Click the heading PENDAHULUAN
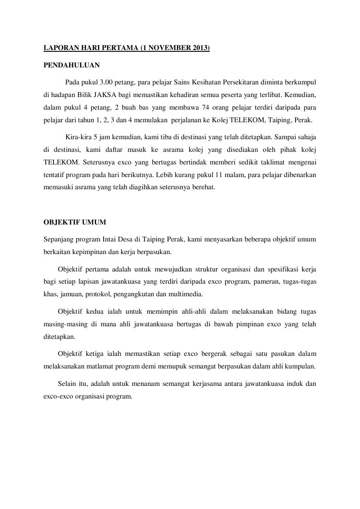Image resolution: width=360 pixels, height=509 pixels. click(x=72, y=66)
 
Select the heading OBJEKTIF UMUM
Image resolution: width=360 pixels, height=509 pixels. click(x=75, y=222)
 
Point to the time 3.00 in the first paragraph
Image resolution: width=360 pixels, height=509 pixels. click(x=108, y=82)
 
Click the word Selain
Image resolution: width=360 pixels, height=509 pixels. click(x=67, y=384)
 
